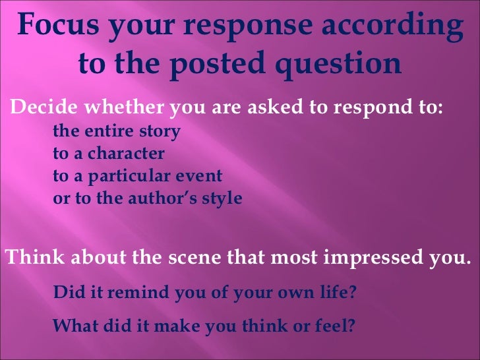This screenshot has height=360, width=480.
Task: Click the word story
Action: (x=158, y=132)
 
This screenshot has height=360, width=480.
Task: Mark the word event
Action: (x=202, y=177)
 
